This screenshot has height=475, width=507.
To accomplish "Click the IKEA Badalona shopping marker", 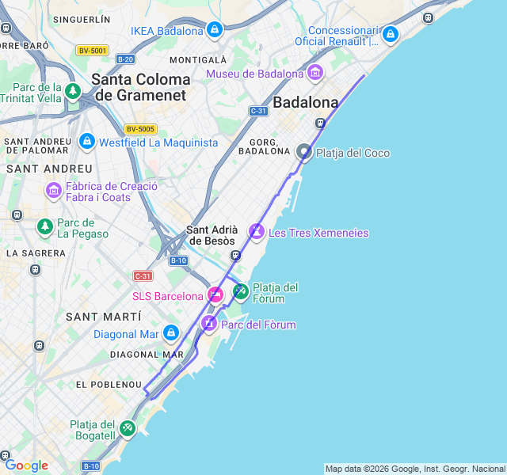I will [x=214, y=30].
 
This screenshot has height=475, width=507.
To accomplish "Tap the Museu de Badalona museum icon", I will [x=315, y=74].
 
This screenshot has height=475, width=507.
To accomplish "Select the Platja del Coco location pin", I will [x=304, y=152].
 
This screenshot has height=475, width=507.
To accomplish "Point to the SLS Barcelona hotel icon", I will [x=215, y=296].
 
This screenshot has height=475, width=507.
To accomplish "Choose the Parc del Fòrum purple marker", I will [x=209, y=324].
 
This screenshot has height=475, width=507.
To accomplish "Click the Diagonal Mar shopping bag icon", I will [x=170, y=333].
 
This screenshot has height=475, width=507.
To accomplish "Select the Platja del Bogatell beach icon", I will [x=127, y=429].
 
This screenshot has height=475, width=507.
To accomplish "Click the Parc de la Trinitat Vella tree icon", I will [x=73, y=92].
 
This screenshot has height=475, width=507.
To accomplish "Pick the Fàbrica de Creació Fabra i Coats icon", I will [x=54, y=191].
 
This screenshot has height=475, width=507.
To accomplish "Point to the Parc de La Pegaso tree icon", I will [x=45, y=227].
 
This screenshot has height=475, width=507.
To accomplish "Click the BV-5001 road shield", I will [x=93, y=51].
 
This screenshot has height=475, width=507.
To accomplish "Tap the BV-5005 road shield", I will [x=140, y=129].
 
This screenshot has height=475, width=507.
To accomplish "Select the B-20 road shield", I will [x=125, y=59].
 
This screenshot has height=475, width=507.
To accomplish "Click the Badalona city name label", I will [x=305, y=102].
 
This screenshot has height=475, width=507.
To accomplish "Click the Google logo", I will [x=26, y=465].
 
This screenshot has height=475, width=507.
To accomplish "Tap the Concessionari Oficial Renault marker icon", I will [x=389, y=35].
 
